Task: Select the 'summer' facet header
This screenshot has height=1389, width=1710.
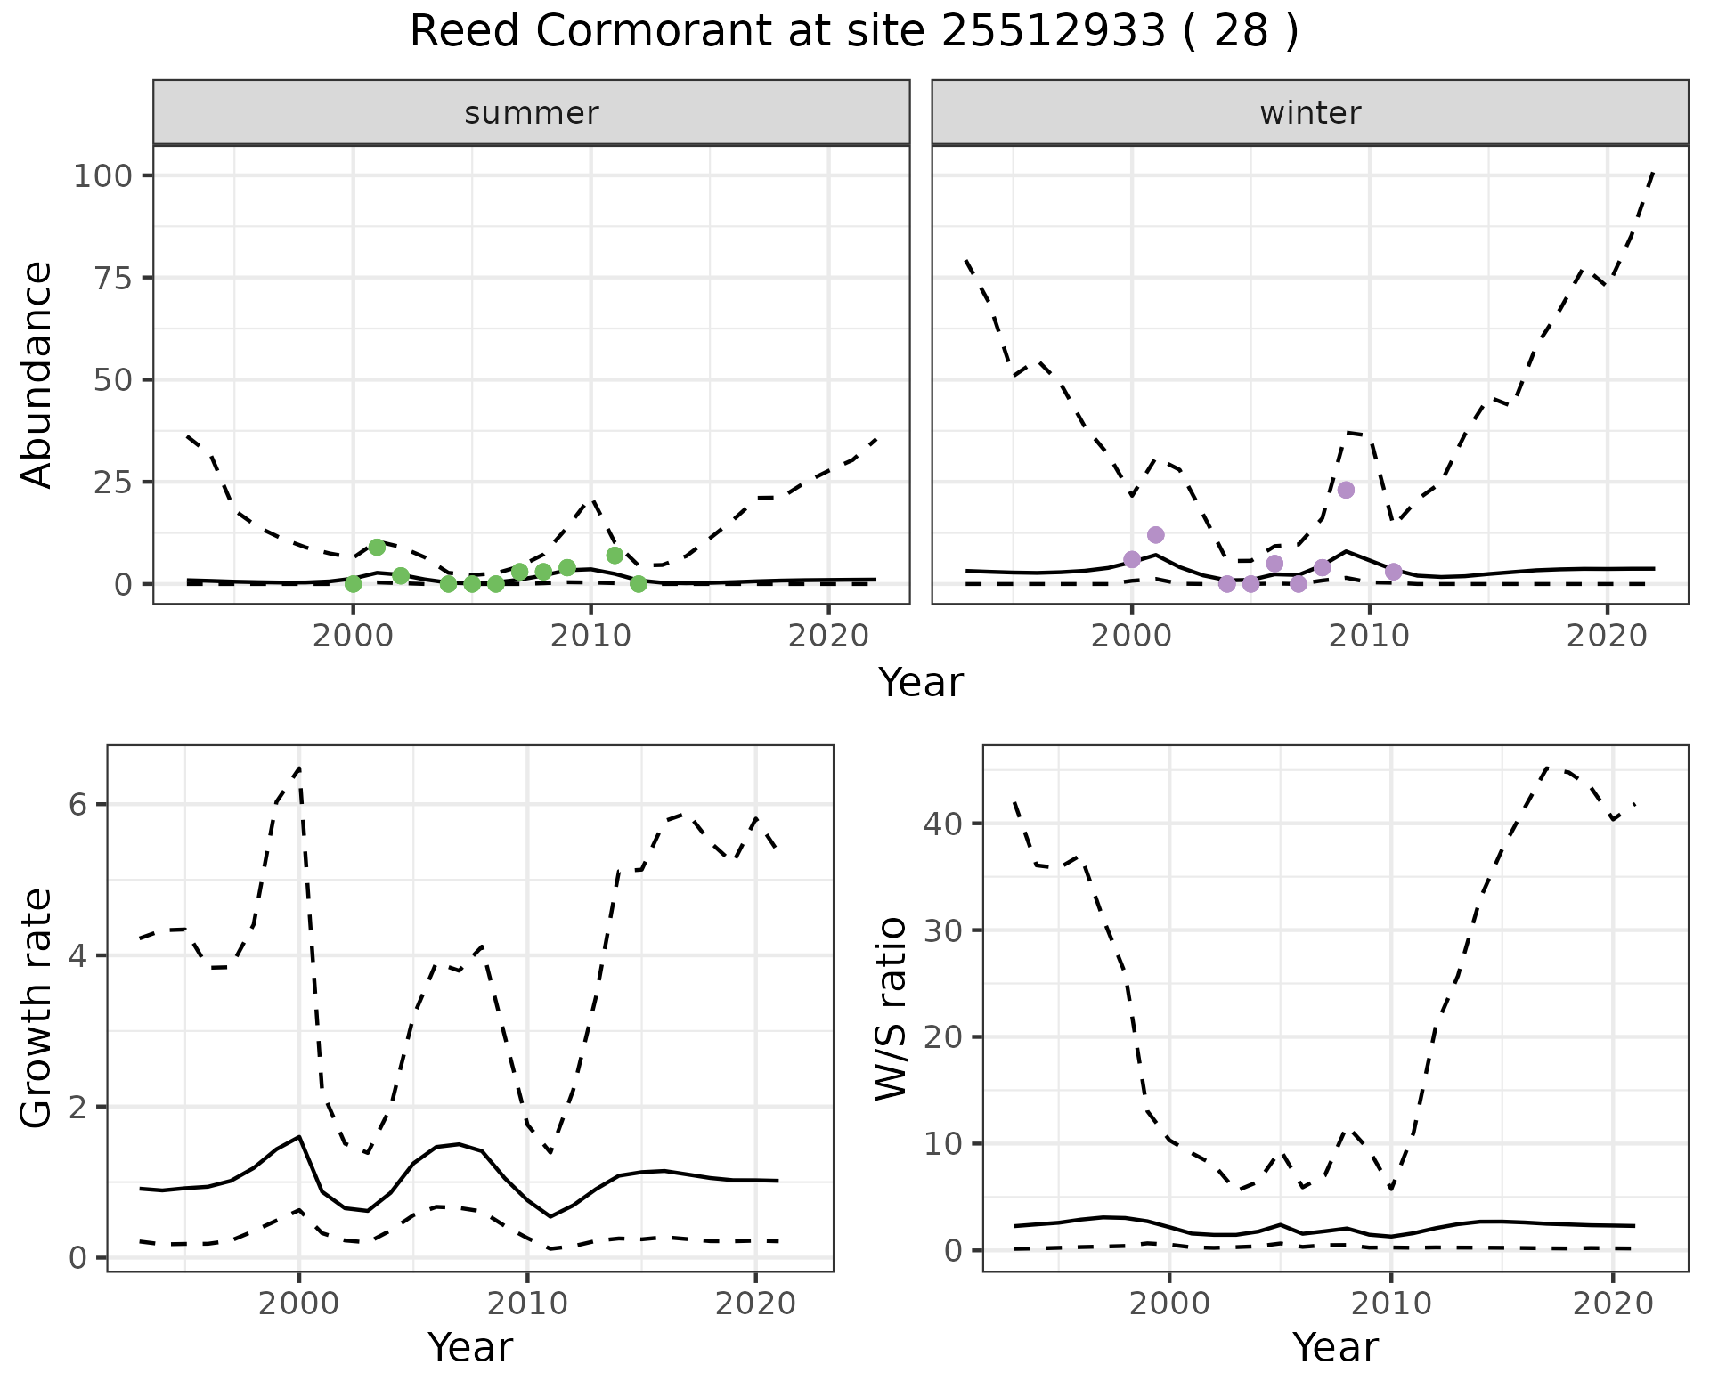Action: [532, 113]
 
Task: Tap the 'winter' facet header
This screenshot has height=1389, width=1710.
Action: [1310, 113]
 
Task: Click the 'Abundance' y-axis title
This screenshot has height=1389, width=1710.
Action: [37, 374]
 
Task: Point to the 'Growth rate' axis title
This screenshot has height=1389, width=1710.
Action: [37, 1009]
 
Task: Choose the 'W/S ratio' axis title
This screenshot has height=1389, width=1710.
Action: [891, 1009]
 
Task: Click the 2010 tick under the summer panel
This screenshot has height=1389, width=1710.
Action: [590, 636]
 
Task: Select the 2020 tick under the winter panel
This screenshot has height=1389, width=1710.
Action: [1607, 636]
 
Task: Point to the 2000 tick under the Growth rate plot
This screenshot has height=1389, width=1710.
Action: [299, 1304]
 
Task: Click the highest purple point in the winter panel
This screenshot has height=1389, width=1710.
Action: [1346, 490]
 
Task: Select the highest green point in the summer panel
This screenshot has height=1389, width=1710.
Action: [377, 547]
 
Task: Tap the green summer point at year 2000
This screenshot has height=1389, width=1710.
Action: [354, 584]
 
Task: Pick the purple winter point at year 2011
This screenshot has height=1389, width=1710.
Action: [1394, 572]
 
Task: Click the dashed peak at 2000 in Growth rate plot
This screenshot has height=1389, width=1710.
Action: [299, 768]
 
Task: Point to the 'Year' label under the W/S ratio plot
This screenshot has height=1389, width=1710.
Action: [1335, 1347]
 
